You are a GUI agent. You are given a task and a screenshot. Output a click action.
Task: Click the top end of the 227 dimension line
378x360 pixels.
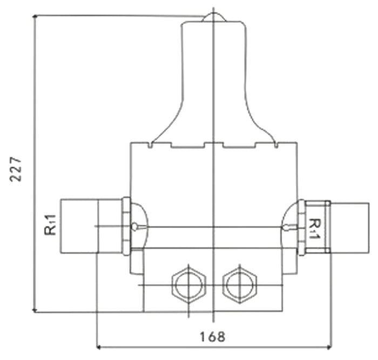(x=35, y=16)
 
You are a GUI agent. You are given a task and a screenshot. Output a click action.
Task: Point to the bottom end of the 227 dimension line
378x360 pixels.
(x=35, y=311)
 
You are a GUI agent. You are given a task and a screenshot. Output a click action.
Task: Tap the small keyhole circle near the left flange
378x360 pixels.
(x=134, y=226)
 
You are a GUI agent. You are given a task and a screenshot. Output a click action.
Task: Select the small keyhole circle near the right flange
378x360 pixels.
(x=293, y=227)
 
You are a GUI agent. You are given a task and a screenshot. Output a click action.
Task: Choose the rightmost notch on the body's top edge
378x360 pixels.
(x=276, y=144)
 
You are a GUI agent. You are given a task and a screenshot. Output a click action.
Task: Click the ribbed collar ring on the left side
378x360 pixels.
(x=126, y=226)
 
